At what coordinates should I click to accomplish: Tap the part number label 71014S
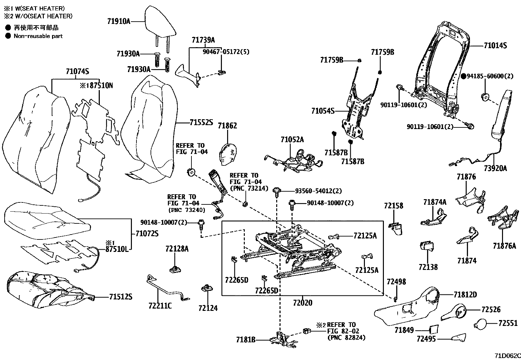pyautogui.click(x=495, y=46)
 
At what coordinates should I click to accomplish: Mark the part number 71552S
pyautogui.click(x=201, y=123)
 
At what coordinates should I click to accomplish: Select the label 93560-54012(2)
pyautogui.click(x=319, y=191)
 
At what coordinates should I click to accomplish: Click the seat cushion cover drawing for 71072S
pyautogui.click(x=46, y=218)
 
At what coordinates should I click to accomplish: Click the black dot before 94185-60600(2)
pyautogui.click(x=463, y=76)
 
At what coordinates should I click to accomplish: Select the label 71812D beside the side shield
pyautogui.click(x=465, y=295)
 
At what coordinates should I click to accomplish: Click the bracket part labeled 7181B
pyautogui.click(x=282, y=339)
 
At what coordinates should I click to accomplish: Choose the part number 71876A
pyautogui.click(x=504, y=245)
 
